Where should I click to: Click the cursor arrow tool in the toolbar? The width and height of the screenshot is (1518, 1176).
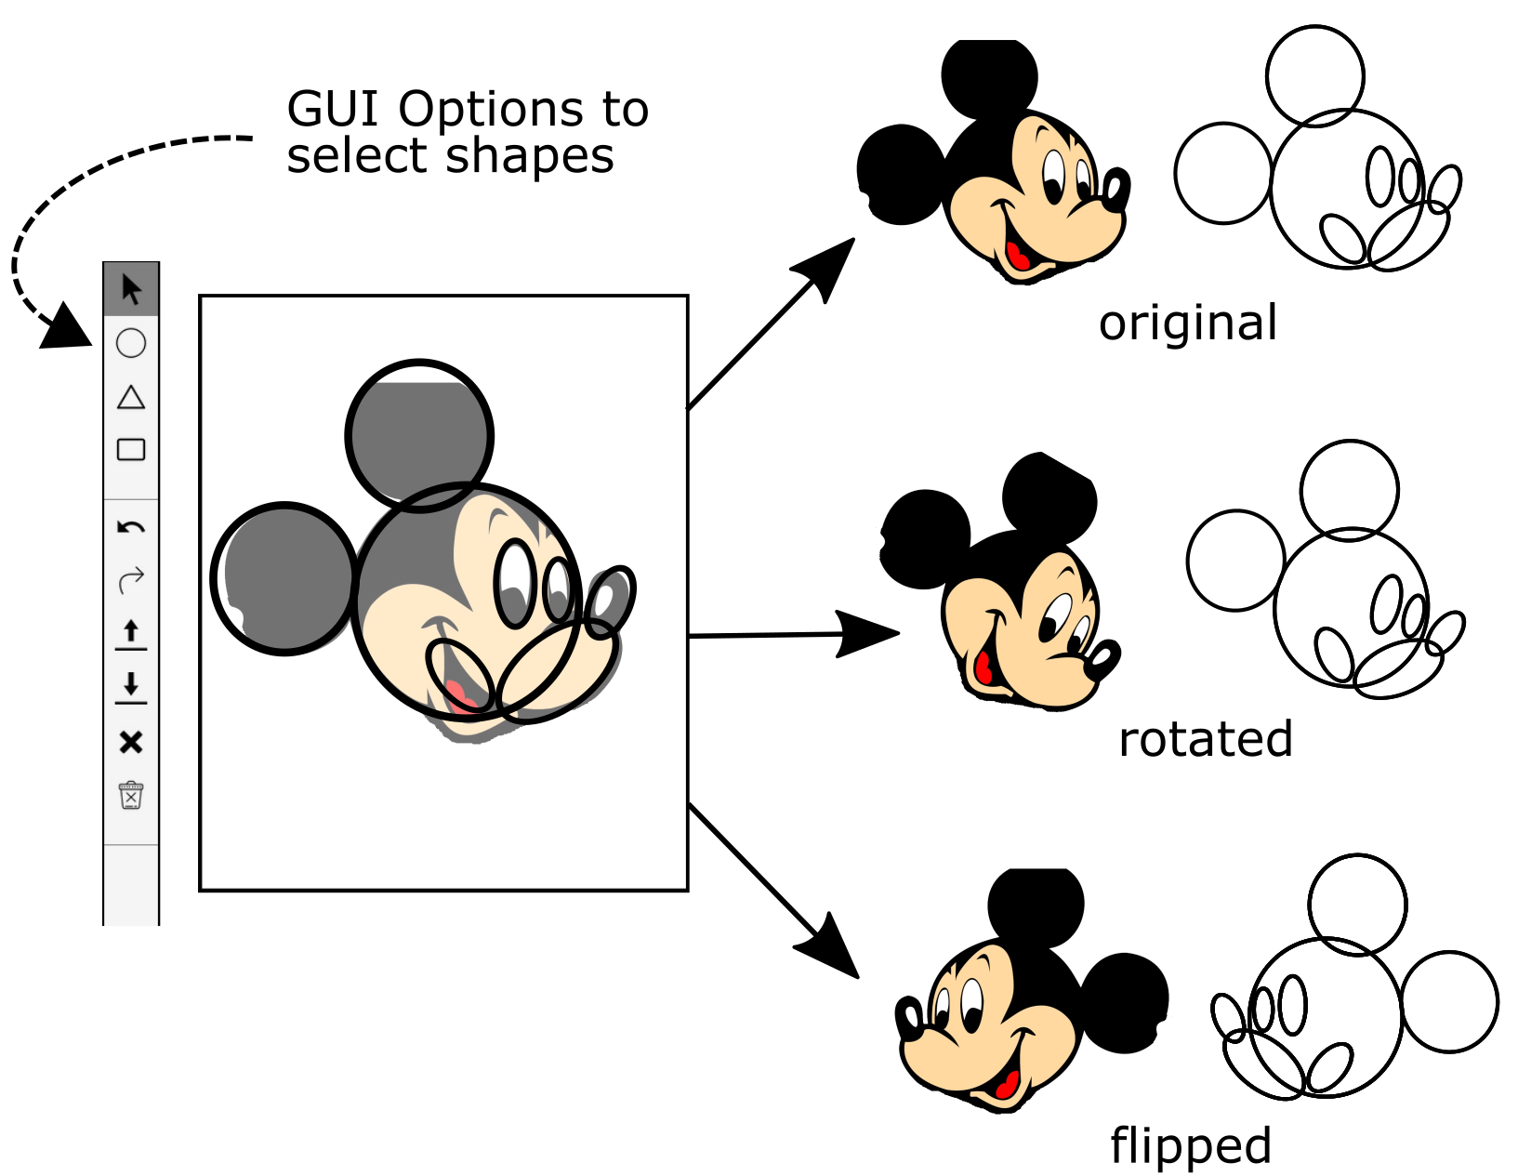coord(131,289)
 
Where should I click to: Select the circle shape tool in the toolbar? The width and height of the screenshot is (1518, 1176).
coord(131,343)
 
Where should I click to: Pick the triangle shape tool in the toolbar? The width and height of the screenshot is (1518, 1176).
coord(131,398)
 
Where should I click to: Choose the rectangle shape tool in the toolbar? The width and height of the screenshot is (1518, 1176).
coord(131,450)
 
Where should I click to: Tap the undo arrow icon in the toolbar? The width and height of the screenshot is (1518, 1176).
coord(131,528)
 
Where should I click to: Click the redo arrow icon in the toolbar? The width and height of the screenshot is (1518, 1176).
coord(131,579)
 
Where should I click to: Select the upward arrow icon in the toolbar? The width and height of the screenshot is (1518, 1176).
coord(131,634)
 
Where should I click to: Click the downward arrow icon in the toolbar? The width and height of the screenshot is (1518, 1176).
coord(131,687)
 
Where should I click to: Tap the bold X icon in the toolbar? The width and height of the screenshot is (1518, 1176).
coord(131,742)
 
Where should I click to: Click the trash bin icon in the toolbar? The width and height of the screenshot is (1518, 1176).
coord(131,795)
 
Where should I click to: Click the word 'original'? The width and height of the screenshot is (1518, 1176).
coord(1187,324)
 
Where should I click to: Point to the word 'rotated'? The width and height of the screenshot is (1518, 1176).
coord(1205,739)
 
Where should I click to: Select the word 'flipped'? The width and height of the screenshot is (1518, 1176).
coord(1190,1144)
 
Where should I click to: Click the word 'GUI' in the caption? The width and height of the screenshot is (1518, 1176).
coord(335,110)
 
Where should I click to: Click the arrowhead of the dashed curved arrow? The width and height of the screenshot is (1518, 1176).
coord(65,328)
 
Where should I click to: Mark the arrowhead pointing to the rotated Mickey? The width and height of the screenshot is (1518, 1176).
coord(869,634)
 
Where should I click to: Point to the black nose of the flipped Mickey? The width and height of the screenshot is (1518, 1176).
coord(910,1020)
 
